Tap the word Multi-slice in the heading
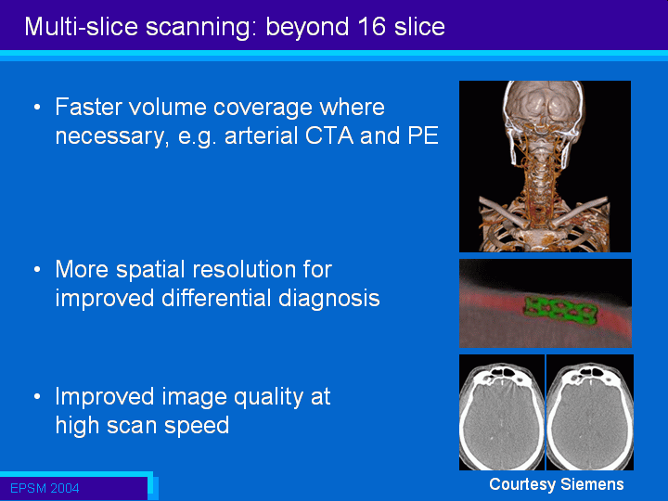pos(82,26)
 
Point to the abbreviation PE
pos(423,135)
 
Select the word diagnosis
pos(328,299)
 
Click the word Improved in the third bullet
pos(105,397)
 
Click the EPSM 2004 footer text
pos(45,488)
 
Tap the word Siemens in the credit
pos(592,484)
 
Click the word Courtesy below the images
pos(522,485)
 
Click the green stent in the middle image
pos(559,310)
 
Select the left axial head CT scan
pos(502,412)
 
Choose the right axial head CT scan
pos(590,412)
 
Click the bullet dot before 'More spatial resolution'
pos(37,269)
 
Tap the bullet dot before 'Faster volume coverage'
pos(37,107)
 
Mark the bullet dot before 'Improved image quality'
pos(37,397)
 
